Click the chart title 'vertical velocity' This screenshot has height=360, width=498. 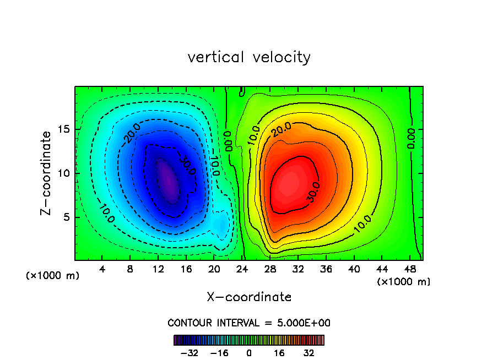(x=249, y=57)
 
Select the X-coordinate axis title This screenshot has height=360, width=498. (x=249, y=297)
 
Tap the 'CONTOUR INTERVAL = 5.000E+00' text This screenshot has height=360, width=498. (x=249, y=323)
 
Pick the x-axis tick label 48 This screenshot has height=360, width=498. (x=410, y=269)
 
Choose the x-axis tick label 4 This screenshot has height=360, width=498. (x=102, y=269)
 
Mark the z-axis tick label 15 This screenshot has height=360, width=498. (x=64, y=129)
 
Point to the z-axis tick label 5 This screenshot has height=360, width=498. (x=66, y=217)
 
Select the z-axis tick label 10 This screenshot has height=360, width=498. (x=64, y=173)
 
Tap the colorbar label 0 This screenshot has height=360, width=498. (x=249, y=353)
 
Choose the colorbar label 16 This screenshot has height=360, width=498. (x=279, y=353)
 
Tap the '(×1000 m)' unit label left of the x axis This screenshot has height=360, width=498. (x=53, y=276)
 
